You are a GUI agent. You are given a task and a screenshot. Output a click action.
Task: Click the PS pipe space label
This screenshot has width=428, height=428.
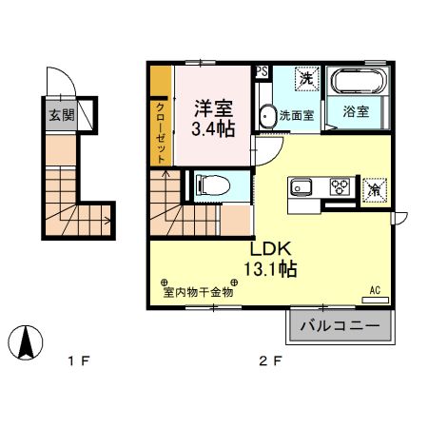click(x=262, y=71)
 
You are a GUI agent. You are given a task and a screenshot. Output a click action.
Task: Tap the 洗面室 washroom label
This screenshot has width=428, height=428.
click(x=296, y=116)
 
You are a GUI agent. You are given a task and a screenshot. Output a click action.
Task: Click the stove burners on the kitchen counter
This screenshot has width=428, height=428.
click(x=340, y=186)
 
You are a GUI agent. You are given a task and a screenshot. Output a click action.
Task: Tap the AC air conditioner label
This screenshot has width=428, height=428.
click(x=374, y=291)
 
